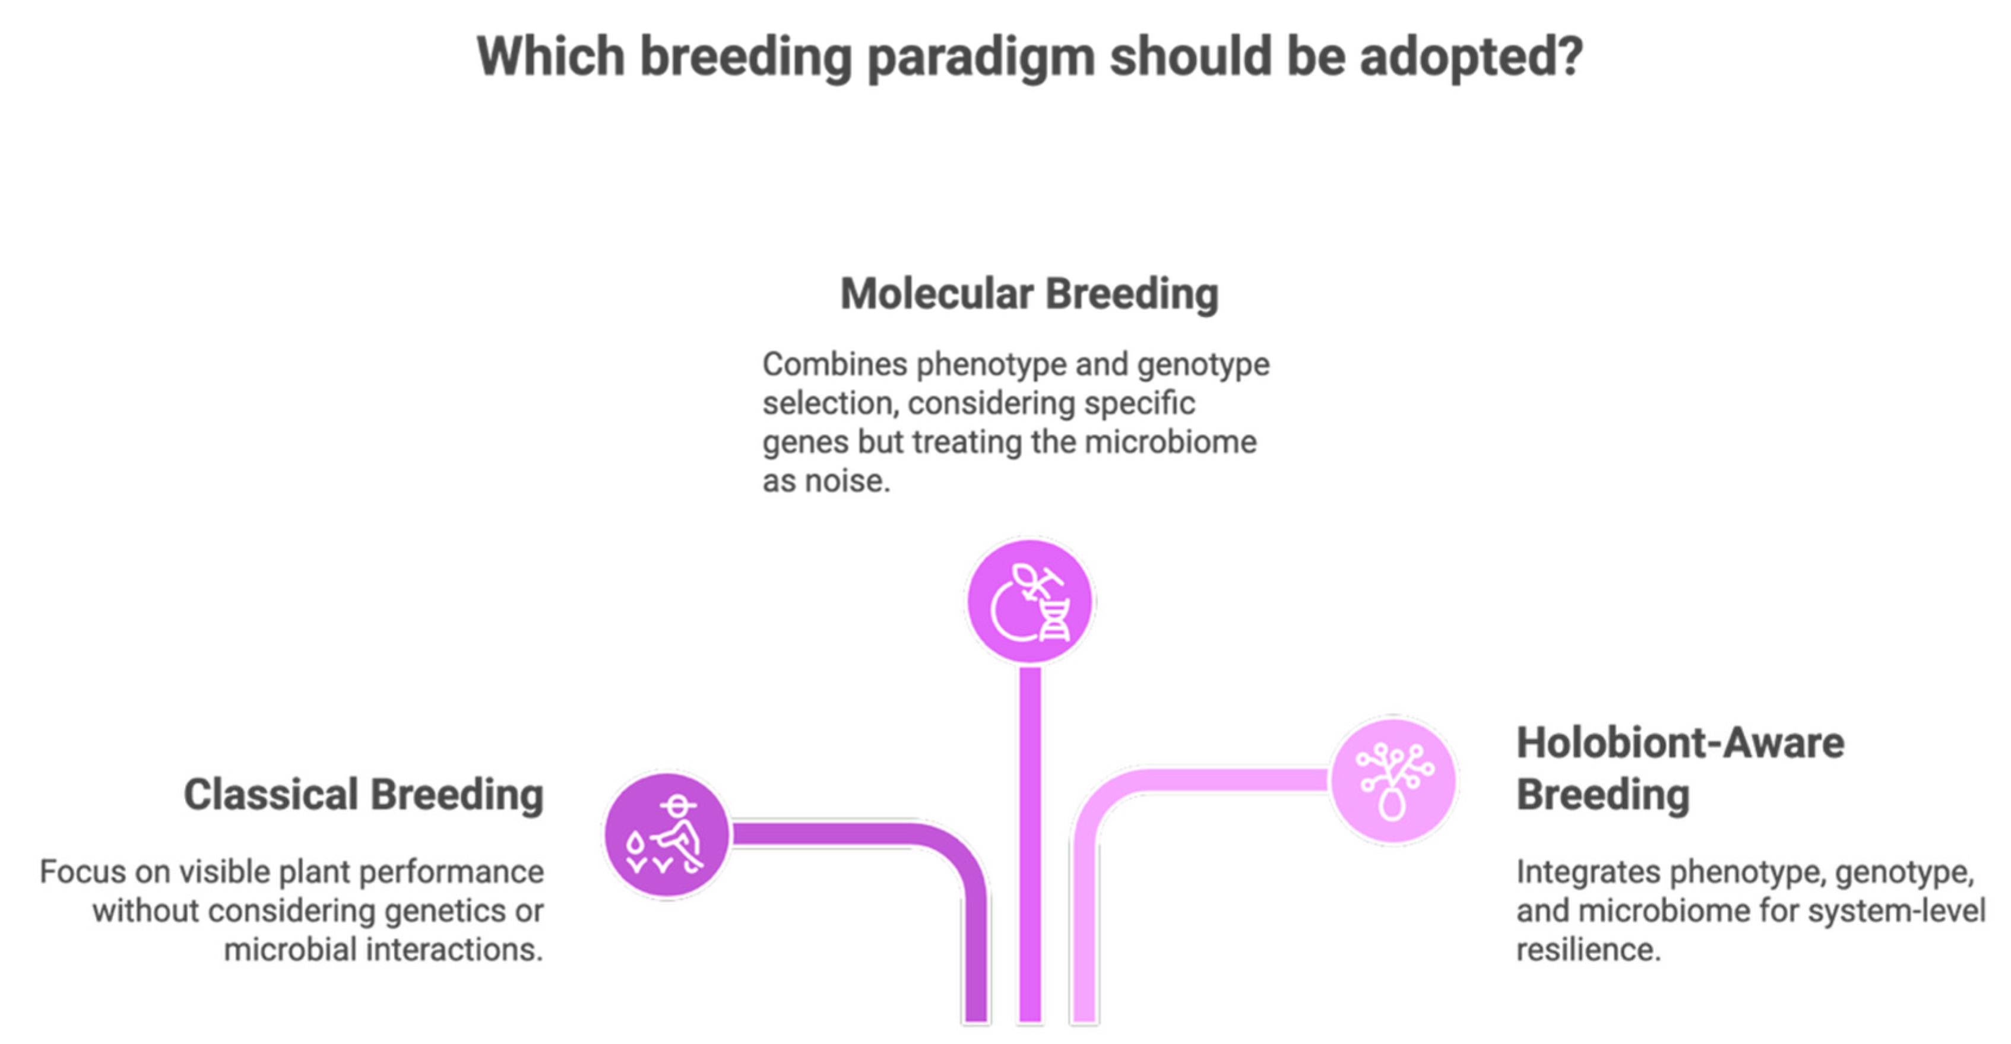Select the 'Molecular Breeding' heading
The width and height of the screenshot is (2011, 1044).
(1030, 294)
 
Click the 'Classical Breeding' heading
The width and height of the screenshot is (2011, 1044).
(364, 795)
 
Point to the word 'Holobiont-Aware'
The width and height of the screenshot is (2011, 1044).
(1680, 743)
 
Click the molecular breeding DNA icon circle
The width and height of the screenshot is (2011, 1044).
(1030, 602)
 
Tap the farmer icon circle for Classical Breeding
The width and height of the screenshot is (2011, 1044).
(667, 835)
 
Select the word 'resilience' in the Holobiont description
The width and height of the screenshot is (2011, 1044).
(1587, 950)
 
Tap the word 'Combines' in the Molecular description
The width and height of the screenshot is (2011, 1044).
(835, 364)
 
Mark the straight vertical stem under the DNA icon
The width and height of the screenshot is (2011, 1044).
(1030, 843)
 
